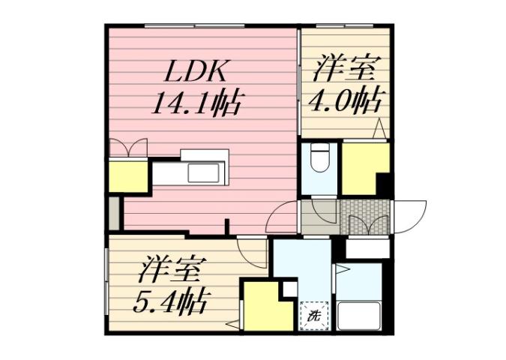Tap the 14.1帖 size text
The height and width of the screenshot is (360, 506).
[196, 103]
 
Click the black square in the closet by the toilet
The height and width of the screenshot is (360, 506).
[384, 183]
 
